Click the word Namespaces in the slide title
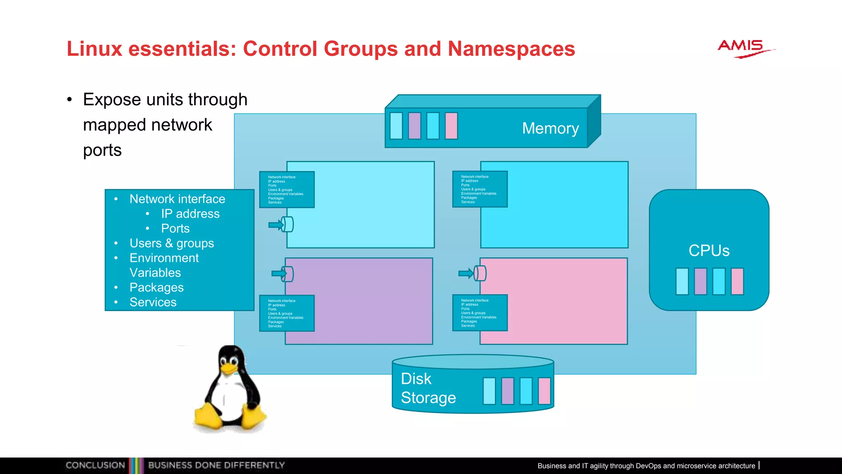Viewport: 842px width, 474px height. (x=511, y=49)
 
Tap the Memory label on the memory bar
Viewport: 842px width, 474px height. (x=550, y=128)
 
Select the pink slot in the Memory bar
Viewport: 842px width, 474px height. (x=451, y=126)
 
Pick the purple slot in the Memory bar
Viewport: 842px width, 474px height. (x=414, y=126)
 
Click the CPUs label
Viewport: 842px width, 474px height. (x=709, y=251)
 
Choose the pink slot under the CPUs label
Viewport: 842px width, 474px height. (x=737, y=281)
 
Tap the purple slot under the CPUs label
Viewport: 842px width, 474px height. (x=701, y=281)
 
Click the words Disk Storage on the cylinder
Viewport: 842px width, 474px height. (x=428, y=388)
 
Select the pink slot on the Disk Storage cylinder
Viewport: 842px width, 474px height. (x=544, y=391)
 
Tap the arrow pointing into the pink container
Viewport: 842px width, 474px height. (x=467, y=273)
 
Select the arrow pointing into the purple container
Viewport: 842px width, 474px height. (x=279, y=273)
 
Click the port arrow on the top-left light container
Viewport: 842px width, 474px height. (x=276, y=225)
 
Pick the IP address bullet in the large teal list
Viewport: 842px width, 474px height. (x=190, y=214)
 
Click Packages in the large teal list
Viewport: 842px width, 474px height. (x=156, y=287)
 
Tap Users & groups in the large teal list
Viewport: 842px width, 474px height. (x=171, y=243)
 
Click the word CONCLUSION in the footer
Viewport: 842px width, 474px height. (x=95, y=465)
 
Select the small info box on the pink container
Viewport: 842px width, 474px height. (x=480, y=313)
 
